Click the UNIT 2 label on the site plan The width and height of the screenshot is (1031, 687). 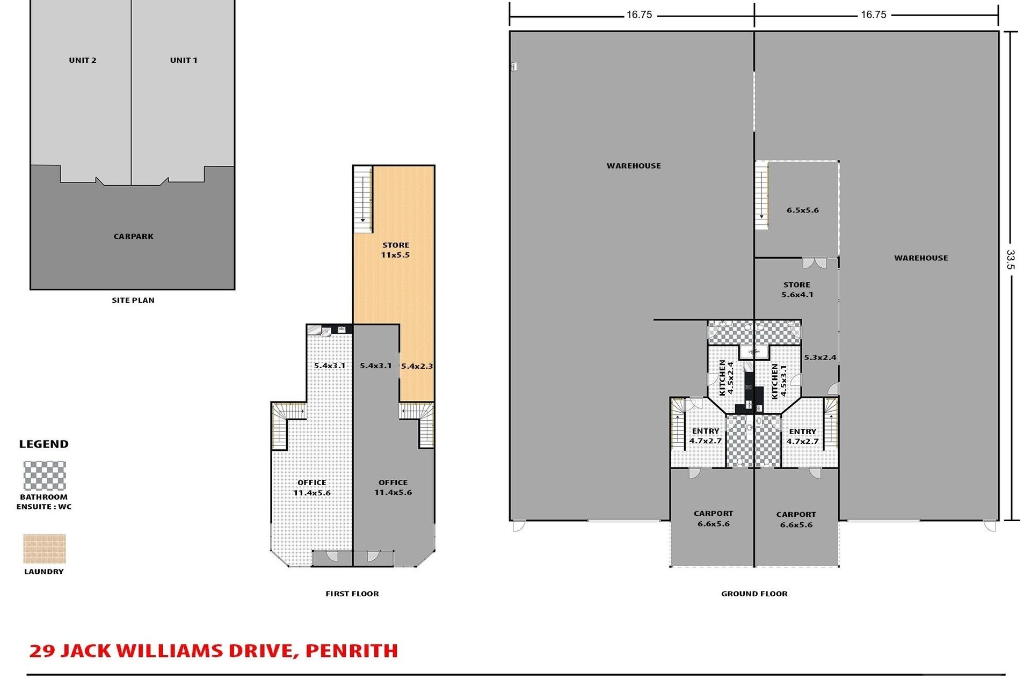pos(83,60)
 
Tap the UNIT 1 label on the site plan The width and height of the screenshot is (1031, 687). pos(184,60)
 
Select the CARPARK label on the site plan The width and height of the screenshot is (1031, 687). pos(134,236)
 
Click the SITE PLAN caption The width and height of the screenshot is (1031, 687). pos(133,300)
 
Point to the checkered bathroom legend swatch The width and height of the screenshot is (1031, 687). pos(45,476)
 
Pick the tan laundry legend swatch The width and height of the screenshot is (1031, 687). pos(45,549)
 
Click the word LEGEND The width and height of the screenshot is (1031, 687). pos(44,444)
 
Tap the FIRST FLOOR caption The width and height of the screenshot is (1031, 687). pos(352,594)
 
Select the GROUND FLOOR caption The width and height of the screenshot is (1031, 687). pos(754,594)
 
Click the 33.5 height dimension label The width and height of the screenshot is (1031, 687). pos(1011,259)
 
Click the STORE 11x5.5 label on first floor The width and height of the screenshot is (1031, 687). pos(396,250)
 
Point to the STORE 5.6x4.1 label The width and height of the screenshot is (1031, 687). pos(797,290)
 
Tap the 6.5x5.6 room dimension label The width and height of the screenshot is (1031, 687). pos(803,210)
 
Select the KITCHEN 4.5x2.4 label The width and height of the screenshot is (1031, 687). pos(726,378)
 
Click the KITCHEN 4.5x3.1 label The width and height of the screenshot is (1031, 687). pos(779,381)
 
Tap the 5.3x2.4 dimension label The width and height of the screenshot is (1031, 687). pos(820,357)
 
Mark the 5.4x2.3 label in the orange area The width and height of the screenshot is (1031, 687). pos(417,366)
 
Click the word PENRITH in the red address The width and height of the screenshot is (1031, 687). pos(352,651)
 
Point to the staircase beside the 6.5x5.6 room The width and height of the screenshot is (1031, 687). pos(761,195)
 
